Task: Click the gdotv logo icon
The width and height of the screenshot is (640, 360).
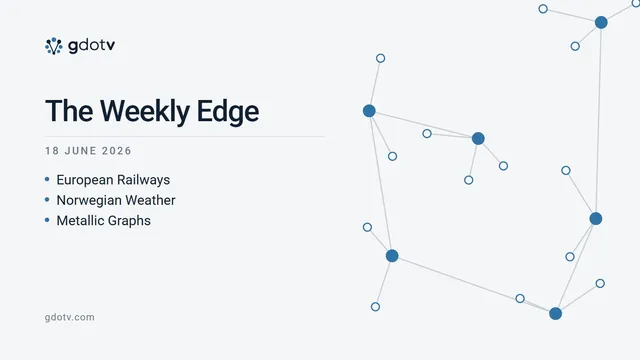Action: pos(53,46)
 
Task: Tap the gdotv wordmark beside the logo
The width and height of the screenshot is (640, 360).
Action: pos(91,46)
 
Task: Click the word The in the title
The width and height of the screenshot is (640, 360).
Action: pos(69,111)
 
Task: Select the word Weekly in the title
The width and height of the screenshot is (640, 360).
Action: pos(144,111)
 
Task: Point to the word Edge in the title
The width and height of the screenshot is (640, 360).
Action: pos(228,111)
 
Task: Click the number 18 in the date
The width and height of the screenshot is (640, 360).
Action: pos(52,151)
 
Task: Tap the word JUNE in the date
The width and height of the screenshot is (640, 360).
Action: pos(80,151)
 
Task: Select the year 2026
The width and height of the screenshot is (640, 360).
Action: pos(117,151)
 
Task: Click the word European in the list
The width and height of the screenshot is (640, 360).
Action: pos(84,180)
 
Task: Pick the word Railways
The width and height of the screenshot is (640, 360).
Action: pos(143,180)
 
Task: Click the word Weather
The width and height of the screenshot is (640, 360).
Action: pos(146,200)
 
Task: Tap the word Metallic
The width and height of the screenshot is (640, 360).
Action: pos(78,221)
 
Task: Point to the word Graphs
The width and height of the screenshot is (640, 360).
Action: pos(128,221)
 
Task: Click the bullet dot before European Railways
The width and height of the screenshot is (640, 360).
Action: pos(47,179)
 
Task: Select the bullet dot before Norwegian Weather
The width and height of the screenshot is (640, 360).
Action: pos(47,200)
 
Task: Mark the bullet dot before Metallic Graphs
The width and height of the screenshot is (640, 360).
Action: pos(47,220)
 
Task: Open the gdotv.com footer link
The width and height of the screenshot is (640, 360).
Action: pos(69,317)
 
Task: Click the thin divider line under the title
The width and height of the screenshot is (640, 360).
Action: pos(184,137)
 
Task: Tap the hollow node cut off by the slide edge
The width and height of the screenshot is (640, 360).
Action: pos(636,4)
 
